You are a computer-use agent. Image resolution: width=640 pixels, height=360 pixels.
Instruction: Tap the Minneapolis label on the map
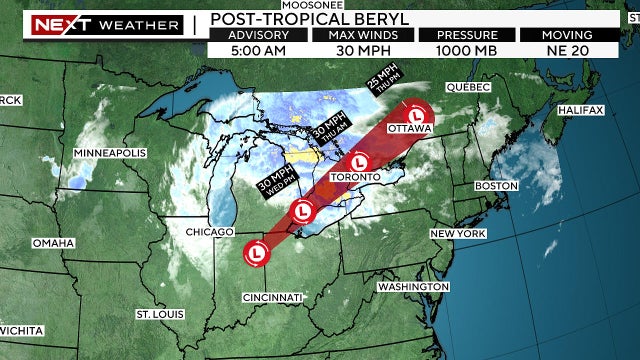pos(110,152)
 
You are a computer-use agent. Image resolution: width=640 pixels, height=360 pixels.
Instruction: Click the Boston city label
pos(497,186)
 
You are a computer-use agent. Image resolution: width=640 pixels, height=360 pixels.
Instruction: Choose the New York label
pos(457,233)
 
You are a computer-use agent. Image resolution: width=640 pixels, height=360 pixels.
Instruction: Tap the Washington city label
pos(412,286)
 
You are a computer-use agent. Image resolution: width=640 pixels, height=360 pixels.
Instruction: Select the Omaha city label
pos(53,243)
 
